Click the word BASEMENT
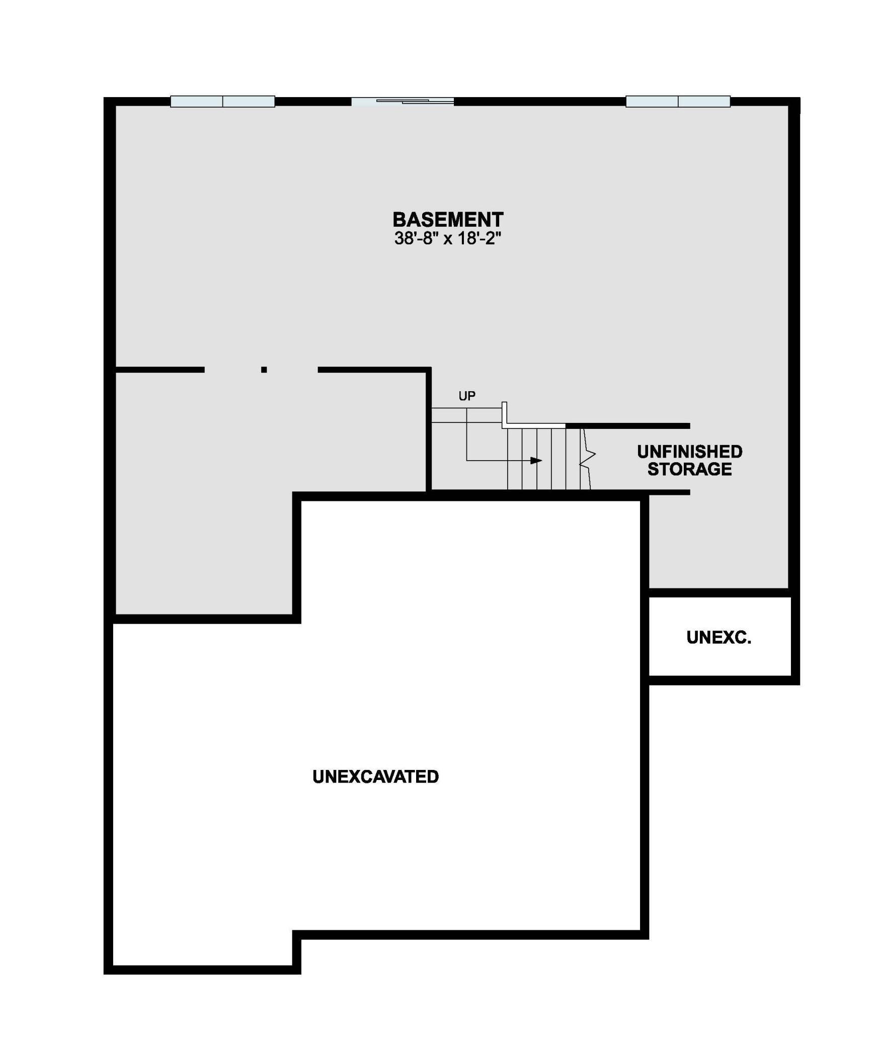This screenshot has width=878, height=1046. point(447,220)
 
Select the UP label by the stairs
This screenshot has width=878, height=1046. point(466,396)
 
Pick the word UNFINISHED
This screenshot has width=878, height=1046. point(689,451)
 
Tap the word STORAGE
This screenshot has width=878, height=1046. point(689,469)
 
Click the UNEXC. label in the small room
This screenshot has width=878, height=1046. point(719,638)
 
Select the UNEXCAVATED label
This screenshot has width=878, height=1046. point(375,776)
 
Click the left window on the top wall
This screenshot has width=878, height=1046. point(222,102)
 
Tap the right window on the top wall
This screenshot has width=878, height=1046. point(678,102)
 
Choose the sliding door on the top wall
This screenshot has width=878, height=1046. point(403,102)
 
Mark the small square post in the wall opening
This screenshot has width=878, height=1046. point(264,370)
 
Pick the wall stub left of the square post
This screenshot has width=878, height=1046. point(160,370)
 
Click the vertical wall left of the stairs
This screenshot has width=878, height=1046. point(429,430)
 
